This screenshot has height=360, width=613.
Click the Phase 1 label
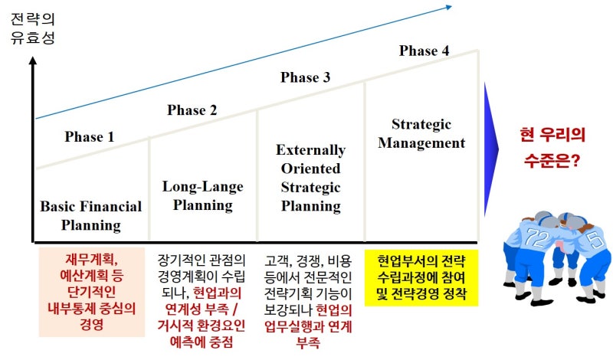click(89, 138)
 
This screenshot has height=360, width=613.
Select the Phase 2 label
click(192, 110)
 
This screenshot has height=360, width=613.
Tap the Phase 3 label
click(305, 77)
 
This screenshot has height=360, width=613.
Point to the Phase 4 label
click(424, 51)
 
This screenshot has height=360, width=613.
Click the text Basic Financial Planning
click(91, 215)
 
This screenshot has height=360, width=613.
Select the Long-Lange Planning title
click(202, 195)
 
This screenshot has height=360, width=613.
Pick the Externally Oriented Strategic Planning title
click(310, 178)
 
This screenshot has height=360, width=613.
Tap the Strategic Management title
click(421, 133)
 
